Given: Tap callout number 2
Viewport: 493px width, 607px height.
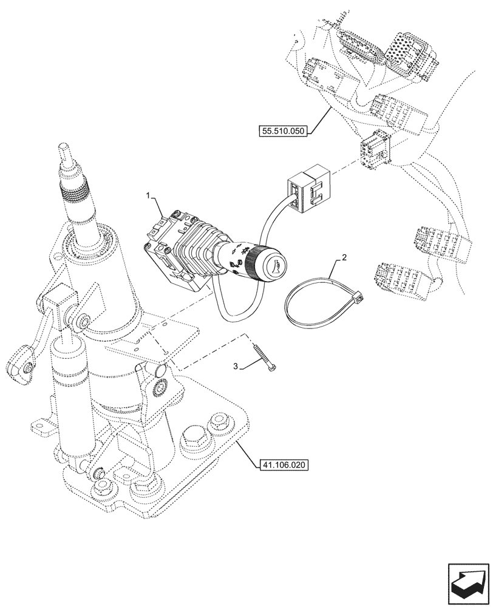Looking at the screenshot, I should (x=344, y=258).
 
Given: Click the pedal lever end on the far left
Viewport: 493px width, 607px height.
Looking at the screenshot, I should (x=19, y=367).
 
